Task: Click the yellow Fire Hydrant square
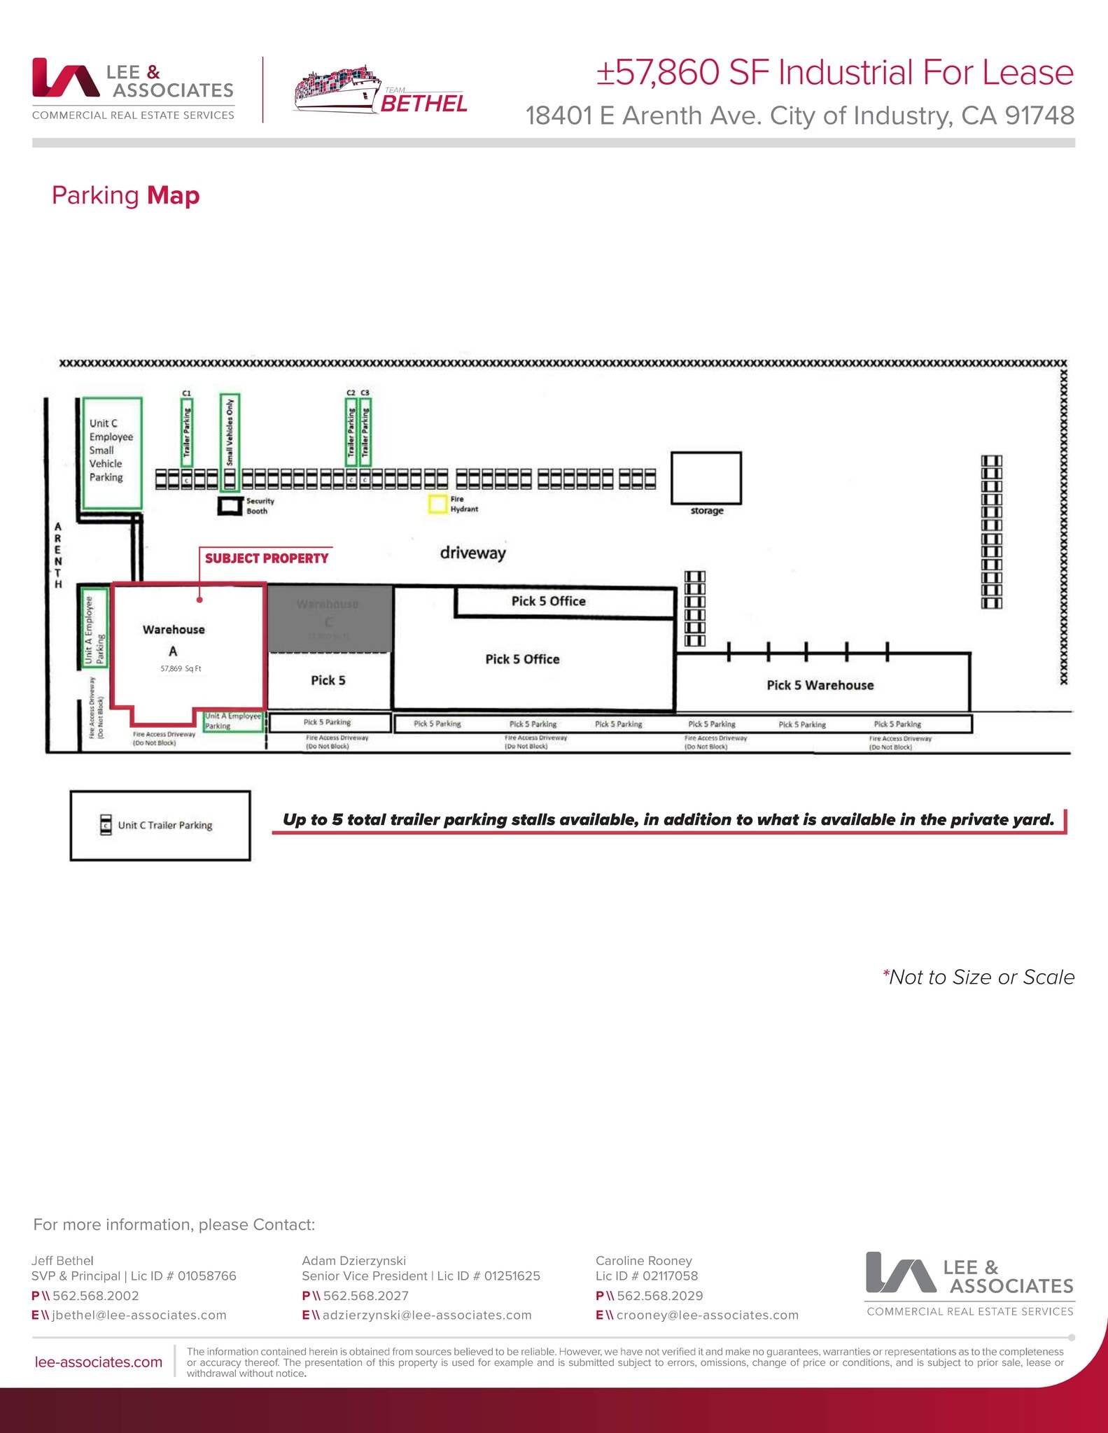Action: click(437, 504)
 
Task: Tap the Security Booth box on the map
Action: click(229, 505)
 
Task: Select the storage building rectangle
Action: click(706, 478)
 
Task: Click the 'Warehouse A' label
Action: click(174, 630)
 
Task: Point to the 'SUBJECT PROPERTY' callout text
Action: click(266, 558)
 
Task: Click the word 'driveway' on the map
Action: click(472, 553)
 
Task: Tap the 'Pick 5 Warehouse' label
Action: click(820, 685)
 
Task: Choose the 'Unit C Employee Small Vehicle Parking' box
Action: click(112, 451)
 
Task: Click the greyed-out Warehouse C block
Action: click(329, 619)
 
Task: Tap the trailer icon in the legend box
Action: click(106, 825)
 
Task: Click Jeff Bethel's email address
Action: click(139, 1315)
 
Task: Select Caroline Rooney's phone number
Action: click(659, 1295)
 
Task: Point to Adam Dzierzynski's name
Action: click(353, 1260)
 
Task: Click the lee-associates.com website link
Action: click(98, 1362)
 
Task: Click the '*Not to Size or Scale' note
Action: click(978, 977)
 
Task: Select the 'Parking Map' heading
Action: click(126, 195)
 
